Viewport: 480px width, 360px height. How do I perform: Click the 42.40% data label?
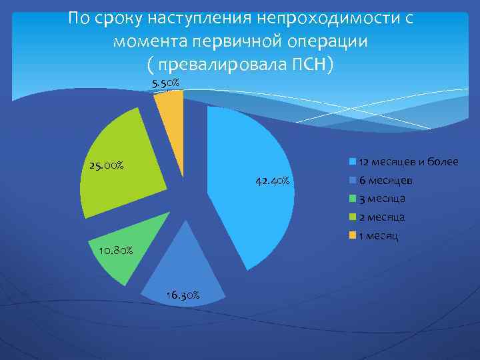(271, 181)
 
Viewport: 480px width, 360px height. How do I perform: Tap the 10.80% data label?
(115, 251)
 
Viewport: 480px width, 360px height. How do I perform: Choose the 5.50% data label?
(165, 83)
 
